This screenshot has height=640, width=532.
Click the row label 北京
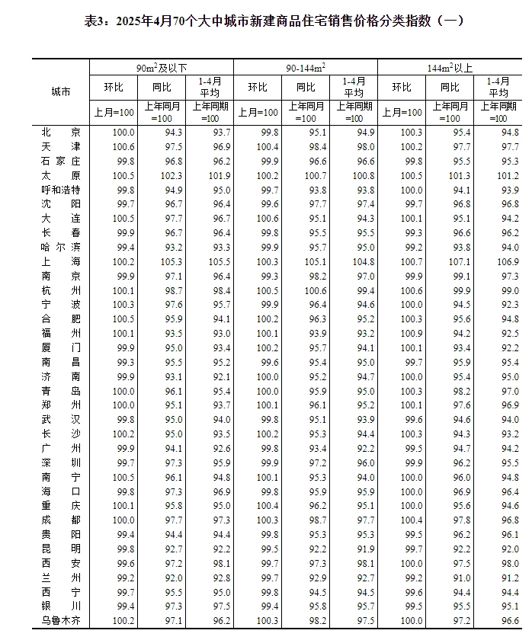pyautogui.click(x=61, y=133)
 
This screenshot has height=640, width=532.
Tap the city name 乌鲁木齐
pyautogui.click(x=61, y=620)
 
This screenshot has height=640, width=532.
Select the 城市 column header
pyautogui.click(x=61, y=91)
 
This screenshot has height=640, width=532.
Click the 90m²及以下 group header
pyautogui.click(x=162, y=67)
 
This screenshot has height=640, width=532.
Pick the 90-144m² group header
pyautogui.click(x=306, y=67)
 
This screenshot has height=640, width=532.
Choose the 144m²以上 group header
pyautogui.click(x=450, y=67)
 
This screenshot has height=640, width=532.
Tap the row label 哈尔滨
pyautogui.click(x=61, y=247)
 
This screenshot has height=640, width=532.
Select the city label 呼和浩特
pyautogui.click(x=61, y=190)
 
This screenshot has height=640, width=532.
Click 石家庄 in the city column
pyautogui.click(x=61, y=162)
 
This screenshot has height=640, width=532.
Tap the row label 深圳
pyautogui.click(x=61, y=462)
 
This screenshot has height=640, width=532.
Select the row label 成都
pyautogui.click(x=61, y=520)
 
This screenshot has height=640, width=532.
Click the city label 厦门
pyautogui.click(x=61, y=347)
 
